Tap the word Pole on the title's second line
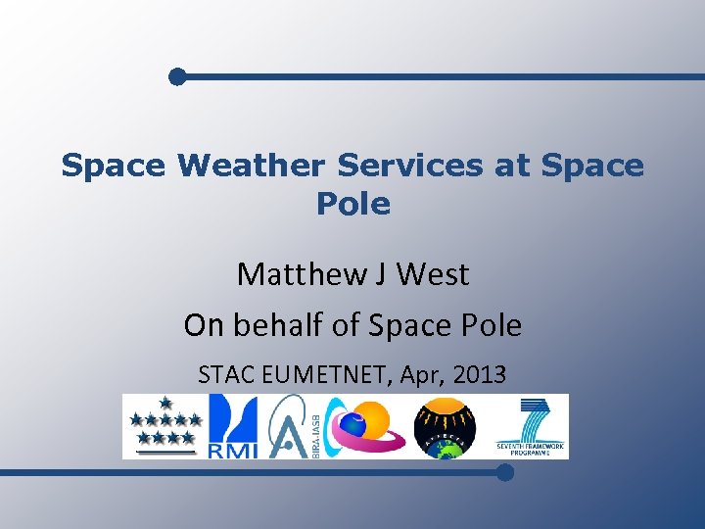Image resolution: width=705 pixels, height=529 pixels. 352,204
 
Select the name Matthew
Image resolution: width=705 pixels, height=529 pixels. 298,274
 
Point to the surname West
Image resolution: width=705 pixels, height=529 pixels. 434,274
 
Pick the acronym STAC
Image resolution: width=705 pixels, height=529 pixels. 226,374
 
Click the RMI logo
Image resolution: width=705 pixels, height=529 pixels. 233,426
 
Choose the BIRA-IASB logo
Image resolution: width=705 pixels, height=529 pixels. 290,426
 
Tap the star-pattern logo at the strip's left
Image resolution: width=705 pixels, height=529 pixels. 164,426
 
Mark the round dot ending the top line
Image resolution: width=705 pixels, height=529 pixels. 176,76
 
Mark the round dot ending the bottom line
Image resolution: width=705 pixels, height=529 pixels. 504,472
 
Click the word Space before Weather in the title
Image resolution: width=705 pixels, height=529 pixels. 113,166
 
